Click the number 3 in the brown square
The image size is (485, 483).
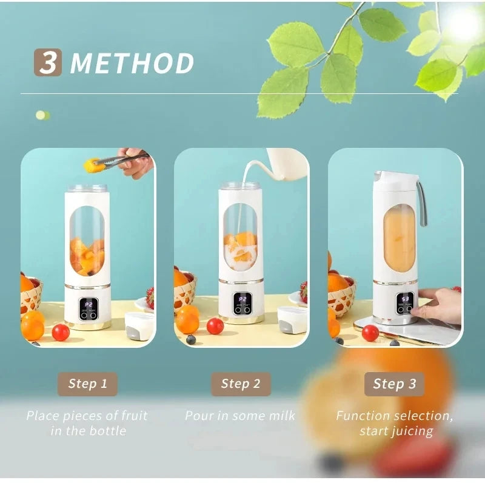click(48, 63)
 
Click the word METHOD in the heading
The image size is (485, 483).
click(133, 64)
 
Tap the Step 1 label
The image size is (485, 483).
click(88, 384)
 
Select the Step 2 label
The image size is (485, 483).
click(241, 384)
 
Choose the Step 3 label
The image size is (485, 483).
click(395, 384)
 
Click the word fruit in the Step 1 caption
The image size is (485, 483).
click(133, 416)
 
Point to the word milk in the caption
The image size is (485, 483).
click(282, 416)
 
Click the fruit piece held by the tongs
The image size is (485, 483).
click(92, 163)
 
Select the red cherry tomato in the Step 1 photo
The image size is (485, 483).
click(61, 332)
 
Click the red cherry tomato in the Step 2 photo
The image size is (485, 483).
click(215, 326)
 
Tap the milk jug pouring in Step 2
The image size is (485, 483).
click(285, 163)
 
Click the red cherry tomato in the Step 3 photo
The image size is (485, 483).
click(370, 333)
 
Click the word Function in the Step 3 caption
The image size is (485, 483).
click(363, 416)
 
